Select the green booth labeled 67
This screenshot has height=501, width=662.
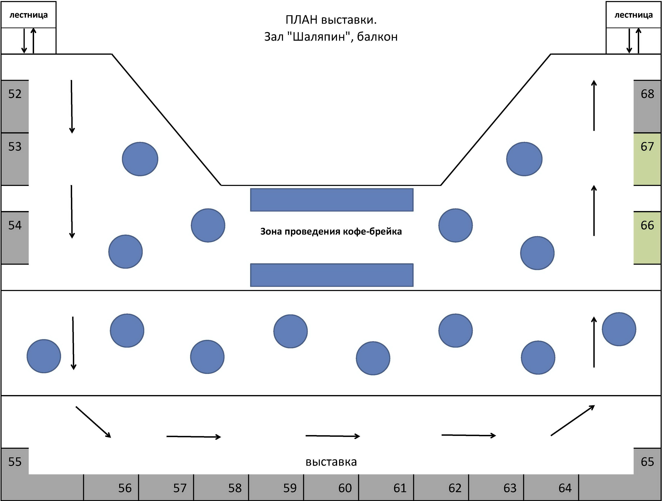pyautogui.click(x=647, y=159)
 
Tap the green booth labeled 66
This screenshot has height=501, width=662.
pyautogui.click(x=647, y=238)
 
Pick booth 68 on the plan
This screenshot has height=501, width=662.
pyautogui.click(x=647, y=106)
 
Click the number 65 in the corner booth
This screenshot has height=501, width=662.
pyautogui.click(x=647, y=462)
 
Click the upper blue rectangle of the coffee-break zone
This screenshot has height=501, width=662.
pyautogui.click(x=332, y=200)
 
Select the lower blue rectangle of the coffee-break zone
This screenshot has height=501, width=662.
pyautogui.click(x=332, y=275)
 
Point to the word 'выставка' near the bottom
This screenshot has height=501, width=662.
pyautogui.click(x=331, y=462)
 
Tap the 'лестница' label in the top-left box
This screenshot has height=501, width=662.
pyautogui.click(x=28, y=15)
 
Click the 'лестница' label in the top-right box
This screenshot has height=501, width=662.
pyautogui.click(x=634, y=15)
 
